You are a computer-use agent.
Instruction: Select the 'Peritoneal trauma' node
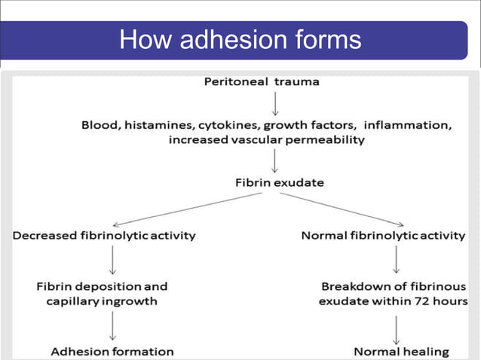pyautogui.click(x=262, y=81)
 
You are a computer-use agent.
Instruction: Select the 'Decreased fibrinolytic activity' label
pyautogui.click(x=104, y=236)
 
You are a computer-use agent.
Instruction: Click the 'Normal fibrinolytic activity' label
pyautogui.click(x=383, y=236)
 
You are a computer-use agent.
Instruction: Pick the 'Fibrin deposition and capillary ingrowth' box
pyautogui.click(x=102, y=293)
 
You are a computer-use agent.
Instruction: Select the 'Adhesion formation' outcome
pyautogui.click(x=112, y=351)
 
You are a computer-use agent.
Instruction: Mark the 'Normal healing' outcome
pyautogui.click(x=401, y=351)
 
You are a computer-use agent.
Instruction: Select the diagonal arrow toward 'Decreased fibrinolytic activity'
pyautogui.click(x=188, y=209)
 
